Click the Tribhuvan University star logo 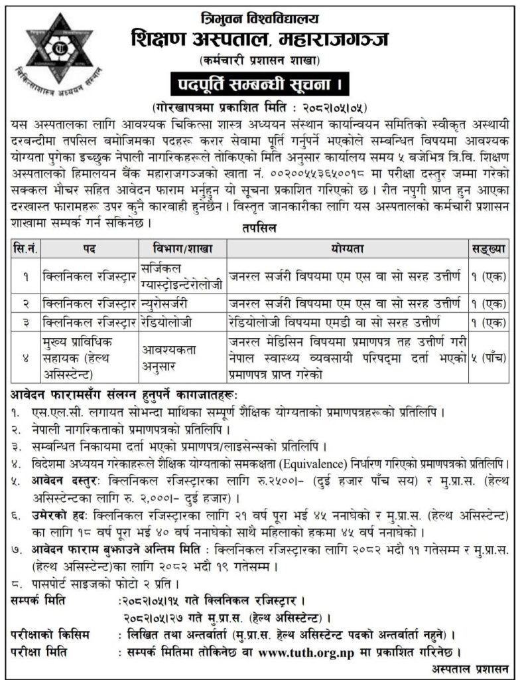click(60, 60)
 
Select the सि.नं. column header click(24, 248)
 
